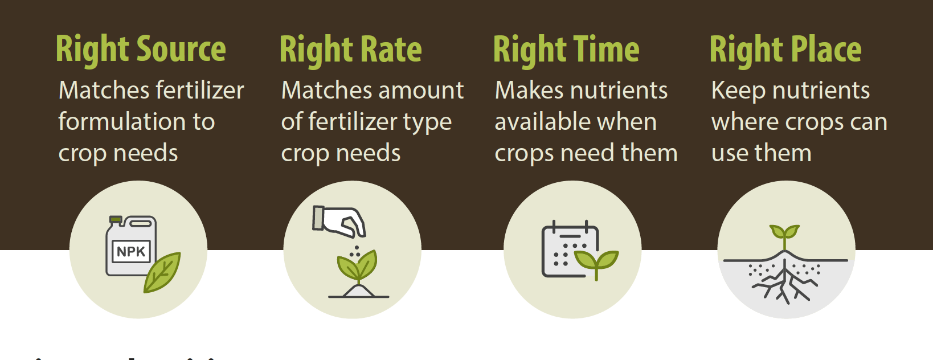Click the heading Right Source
(141, 50)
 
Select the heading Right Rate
(350, 50)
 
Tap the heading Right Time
(566, 50)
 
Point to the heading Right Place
(785, 50)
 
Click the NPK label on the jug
(131, 251)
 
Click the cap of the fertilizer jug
(116, 219)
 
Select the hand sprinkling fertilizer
(341, 221)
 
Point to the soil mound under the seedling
(358, 292)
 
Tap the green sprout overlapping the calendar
(596, 261)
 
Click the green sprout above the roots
(784, 233)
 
